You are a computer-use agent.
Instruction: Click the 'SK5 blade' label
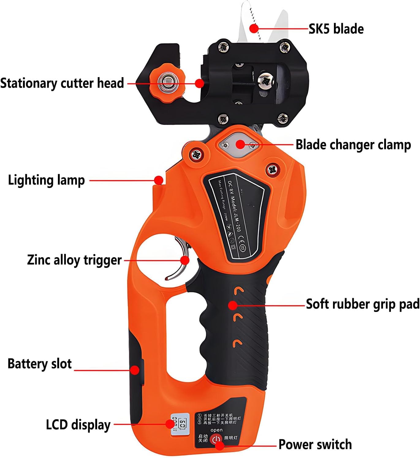coord(336,29)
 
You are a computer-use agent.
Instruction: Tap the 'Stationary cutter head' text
coord(62,83)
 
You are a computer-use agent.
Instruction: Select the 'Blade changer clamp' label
coord(353,145)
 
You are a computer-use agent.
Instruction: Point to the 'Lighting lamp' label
coord(46,180)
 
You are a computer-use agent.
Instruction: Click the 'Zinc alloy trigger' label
coord(74,260)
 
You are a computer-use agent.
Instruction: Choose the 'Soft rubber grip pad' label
coord(363,305)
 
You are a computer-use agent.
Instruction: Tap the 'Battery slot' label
coord(40,364)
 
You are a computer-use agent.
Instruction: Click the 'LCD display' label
coord(78,425)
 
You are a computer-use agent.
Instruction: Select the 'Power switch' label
coord(315,445)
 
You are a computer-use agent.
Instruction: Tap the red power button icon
coord(217,439)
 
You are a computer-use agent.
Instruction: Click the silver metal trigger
coord(181,260)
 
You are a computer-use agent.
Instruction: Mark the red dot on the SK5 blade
coord(254,28)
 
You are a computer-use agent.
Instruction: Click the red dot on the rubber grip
coord(233,305)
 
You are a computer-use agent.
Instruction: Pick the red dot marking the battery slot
coord(134,370)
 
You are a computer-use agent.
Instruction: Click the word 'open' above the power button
coord(217,430)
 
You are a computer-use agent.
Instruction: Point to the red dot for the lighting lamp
coord(158,180)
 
